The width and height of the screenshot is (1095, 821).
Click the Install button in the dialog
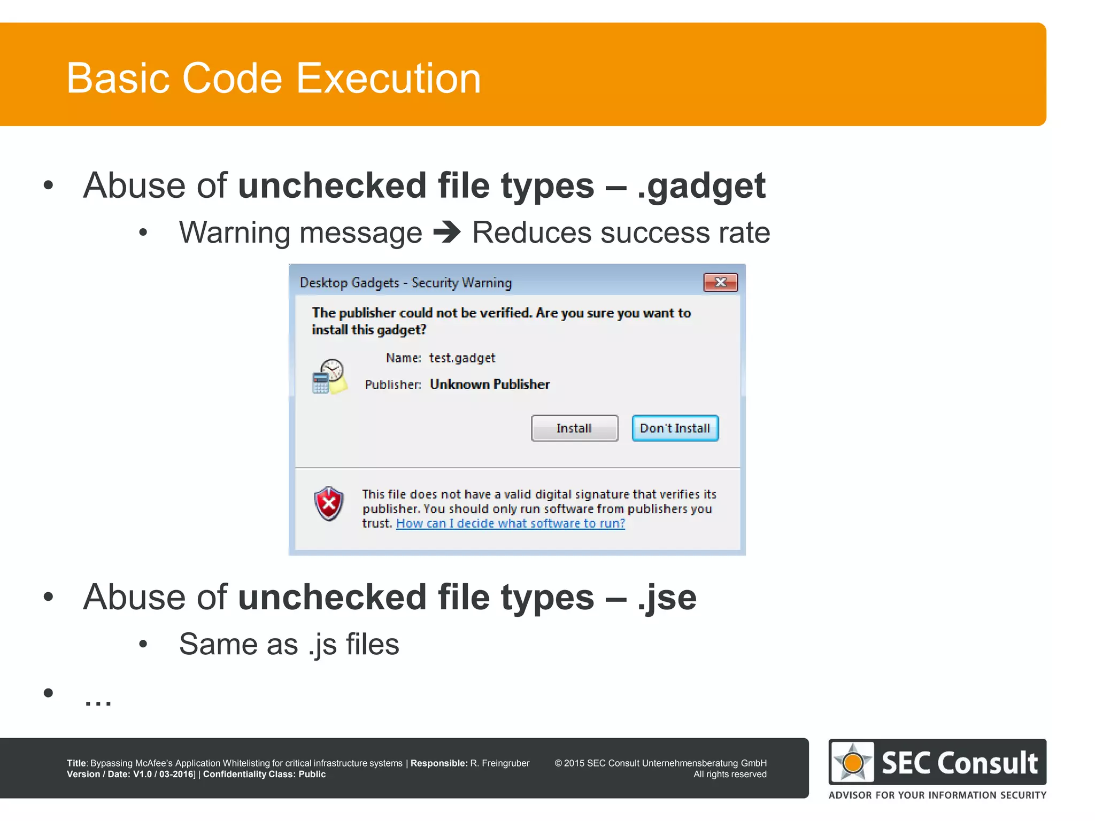tap(574, 428)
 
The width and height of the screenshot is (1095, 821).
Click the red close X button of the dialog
tap(720, 282)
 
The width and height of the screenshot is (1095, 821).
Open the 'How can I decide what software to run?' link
tap(510, 523)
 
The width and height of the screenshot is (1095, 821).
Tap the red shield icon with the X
tap(329, 504)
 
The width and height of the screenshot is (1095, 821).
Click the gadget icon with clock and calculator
tap(329, 376)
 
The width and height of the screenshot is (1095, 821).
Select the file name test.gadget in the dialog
tap(462, 358)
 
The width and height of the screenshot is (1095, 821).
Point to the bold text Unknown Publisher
tap(489, 384)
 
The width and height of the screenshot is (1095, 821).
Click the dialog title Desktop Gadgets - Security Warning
tap(405, 282)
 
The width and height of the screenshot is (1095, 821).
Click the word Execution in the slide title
tap(388, 78)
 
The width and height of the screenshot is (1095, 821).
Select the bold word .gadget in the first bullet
tap(701, 186)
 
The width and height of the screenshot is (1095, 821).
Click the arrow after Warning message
tap(447, 233)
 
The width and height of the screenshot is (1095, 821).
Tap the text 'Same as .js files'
tap(289, 644)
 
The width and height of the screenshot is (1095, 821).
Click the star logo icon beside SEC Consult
tap(852, 762)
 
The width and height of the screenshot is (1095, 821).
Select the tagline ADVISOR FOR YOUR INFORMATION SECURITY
tap(937, 795)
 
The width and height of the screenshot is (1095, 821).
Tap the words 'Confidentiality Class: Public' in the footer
tap(264, 774)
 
